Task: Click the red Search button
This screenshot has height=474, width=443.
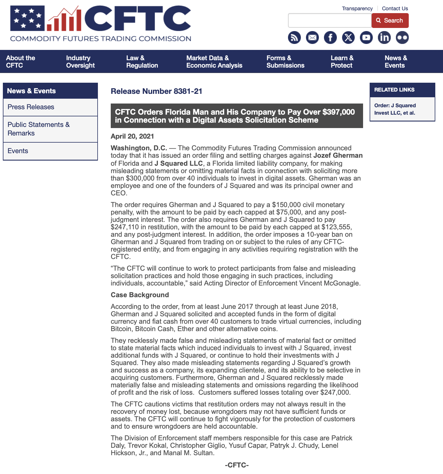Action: (390, 21)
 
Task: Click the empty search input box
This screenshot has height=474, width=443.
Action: (330, 21)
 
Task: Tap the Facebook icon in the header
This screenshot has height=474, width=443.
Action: (330, 38)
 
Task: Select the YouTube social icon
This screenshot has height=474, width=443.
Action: (366, 38)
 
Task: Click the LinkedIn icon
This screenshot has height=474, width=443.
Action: (384, 38)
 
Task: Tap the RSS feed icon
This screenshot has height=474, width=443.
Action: (294, 38)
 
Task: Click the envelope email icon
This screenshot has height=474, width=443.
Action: (312, 38)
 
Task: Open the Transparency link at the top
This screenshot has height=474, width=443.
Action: (357, 9)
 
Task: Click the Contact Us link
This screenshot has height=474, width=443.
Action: (395, 9)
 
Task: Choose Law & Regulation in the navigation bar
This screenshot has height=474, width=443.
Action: (142, 62)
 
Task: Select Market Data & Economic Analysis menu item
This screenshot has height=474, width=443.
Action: (214, 62)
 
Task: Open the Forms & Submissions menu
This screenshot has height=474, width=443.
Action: (285, 62)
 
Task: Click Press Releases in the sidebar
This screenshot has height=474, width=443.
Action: (31, 107)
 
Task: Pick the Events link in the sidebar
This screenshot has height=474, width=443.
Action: (18, 151)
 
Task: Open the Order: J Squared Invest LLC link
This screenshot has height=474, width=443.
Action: (395, 109)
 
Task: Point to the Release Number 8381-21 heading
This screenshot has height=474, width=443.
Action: (156, 91)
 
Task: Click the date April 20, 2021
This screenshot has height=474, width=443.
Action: (132, 136)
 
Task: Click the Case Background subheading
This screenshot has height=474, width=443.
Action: (140, 295)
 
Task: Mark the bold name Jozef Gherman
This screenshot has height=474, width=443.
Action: (338, 155)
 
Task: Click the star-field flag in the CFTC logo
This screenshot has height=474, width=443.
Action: (27, 18)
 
